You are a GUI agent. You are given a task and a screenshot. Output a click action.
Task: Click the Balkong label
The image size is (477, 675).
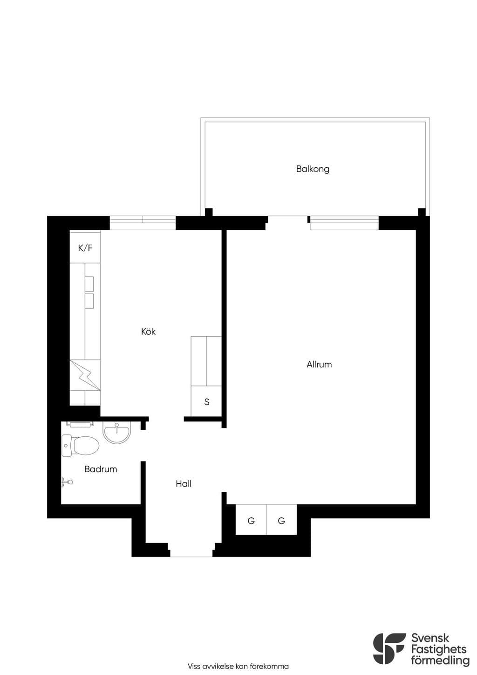[x=313, y=169]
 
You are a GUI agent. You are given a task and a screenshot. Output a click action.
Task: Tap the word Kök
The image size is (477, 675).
[x=149, y=331]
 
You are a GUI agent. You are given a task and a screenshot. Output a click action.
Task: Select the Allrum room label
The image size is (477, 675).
[x=319, y=365]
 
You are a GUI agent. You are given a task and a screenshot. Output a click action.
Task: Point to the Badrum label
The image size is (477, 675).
[x=101, y=469]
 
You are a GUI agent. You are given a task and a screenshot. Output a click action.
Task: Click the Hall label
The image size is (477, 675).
[x=184, y=484]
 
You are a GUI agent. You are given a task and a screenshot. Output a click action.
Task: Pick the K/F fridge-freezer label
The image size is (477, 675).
[x=85, y=248]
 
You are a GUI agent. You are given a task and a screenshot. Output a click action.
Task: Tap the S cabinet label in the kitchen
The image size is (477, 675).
[x=206, y=402]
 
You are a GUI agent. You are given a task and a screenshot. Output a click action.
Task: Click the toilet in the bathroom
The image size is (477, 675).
[x=80, y=446]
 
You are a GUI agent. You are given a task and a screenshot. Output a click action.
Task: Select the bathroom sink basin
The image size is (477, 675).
[x=117, y=432]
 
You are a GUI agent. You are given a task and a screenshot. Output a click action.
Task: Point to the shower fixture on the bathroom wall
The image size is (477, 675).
[x=67, y=482]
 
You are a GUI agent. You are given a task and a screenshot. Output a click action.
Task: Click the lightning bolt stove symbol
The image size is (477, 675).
[x=85, y=375]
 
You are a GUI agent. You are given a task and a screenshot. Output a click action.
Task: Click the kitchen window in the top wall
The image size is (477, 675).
[x=143, y=223]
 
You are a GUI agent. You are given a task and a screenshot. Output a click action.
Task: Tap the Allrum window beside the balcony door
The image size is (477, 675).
[x=345, y=223]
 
